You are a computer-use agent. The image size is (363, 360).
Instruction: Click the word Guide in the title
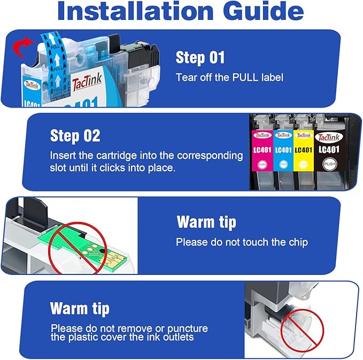pos(263,11)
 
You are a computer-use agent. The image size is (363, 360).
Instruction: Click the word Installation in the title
pos(135,11)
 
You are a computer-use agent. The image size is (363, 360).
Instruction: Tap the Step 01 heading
pos(200,57)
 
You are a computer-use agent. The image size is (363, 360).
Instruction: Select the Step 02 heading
pos(75,136)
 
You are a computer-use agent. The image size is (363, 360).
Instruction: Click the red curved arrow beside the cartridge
pos(22,47)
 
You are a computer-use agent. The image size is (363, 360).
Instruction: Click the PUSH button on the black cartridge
pos(329,164)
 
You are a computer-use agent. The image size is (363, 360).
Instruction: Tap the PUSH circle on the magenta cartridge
pos(262,165)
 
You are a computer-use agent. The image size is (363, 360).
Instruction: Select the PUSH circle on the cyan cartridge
pos(283,164)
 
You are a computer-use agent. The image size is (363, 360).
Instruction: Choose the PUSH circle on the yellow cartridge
pos(303,164)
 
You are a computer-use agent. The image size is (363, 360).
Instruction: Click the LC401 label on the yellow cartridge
pos(304,150)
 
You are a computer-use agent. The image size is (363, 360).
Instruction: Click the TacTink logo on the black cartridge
pos(329,137)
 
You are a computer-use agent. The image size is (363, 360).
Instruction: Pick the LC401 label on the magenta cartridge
pos(262,150)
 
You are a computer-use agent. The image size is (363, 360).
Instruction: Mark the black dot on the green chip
pos(102,251)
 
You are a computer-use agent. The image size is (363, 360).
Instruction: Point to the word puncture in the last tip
pos(188,329)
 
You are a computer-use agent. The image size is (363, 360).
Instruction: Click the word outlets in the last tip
pos(178,337)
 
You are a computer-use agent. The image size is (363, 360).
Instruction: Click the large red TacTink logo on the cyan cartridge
pos(87,81)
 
